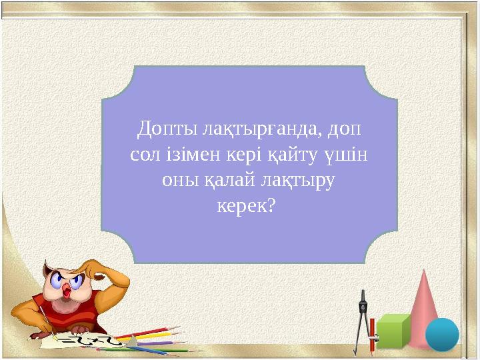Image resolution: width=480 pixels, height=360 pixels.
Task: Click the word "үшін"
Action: click(x=348, y=155)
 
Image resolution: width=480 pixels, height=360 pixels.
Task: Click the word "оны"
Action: click(x=178, y=181)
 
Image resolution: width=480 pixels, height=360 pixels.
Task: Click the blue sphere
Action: click(x=441, y=334)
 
